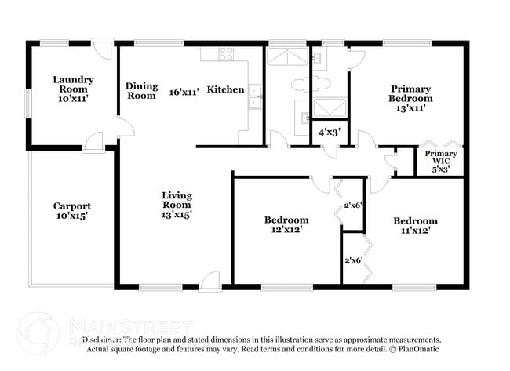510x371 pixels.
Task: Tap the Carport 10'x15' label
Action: pos(72,211)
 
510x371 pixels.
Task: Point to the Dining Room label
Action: pos(142,91)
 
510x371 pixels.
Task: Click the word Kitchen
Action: pos(225,90)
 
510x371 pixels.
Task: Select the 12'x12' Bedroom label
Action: pos(286,225)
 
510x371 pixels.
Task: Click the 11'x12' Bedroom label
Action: pos(415,226)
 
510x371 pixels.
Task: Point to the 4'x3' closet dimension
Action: pos(328,132)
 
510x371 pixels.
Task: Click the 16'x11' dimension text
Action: pos(184,92)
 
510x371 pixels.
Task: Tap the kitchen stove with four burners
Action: pos(226,54)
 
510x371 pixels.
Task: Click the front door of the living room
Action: pos(209,281)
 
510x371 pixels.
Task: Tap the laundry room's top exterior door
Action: pos(103,49)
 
